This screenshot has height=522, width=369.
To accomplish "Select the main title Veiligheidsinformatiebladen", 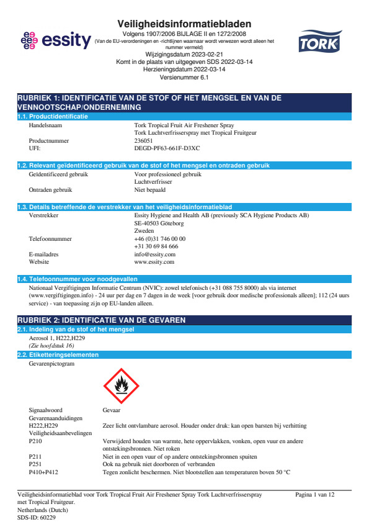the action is [184, 24].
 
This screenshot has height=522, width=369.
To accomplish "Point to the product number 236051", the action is [147, 140].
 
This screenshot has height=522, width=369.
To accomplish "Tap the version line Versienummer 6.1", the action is [184, 78].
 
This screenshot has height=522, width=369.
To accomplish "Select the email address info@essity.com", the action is [154, 254].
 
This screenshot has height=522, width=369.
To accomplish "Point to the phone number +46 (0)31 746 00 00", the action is [159, 238].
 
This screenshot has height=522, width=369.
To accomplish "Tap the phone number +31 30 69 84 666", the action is [156, 246].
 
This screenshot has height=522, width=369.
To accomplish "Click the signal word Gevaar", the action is [111, 410].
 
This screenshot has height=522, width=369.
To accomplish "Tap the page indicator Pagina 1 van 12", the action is [315, 494].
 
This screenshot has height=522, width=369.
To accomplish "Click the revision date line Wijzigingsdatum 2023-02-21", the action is [184, 55].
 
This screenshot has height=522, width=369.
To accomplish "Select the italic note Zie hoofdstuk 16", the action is [51, 345].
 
